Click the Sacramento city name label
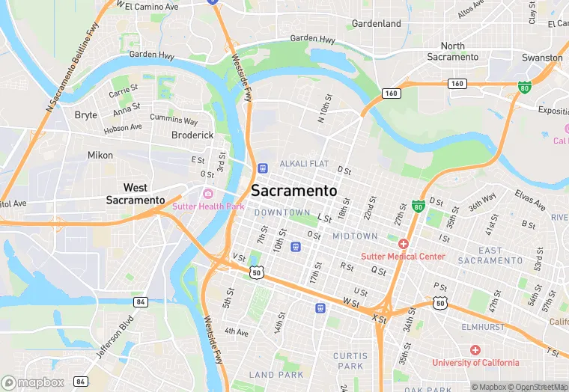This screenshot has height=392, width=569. point(293,191)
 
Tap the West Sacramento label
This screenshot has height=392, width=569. point(136,194)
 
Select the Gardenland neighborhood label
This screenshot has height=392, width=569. point(377,24)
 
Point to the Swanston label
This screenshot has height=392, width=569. point(543,58)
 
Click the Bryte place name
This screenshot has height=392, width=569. point(86,114)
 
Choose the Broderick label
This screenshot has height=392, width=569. point(192,135)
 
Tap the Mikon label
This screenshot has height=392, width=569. point(100,156)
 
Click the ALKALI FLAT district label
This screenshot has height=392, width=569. point(305,164)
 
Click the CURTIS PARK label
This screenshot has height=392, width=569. point(350,361)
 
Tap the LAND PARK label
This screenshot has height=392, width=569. point(276,375)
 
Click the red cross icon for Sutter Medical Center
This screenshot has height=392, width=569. point(404,244)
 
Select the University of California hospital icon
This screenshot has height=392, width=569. point(475,350)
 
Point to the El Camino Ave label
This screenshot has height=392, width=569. point(152,6)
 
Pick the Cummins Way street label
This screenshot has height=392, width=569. point(174,120)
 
